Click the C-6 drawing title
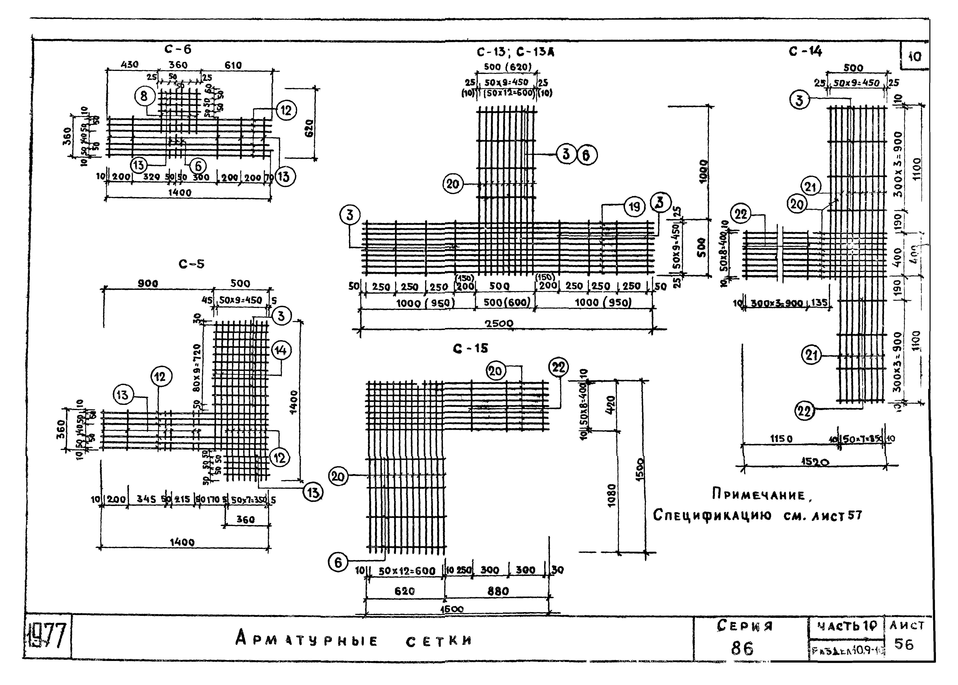(178, 49)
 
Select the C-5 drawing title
(191, 264)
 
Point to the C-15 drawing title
(470, 348)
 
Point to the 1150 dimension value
(781, 439)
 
